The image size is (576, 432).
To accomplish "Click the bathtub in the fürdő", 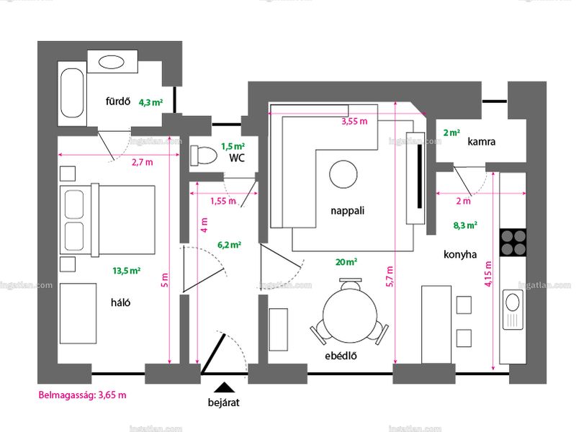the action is tap(72, 94).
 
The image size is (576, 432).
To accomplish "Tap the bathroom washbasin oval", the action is tap(112, 62).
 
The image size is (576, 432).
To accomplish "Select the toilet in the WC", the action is tap(204, 156).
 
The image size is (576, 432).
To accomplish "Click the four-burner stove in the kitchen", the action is tap(513, 243).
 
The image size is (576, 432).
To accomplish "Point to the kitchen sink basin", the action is tap(513, 303).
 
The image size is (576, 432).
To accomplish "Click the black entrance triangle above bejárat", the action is tap(224, 387).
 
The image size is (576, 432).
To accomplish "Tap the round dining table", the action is tap(350, 315).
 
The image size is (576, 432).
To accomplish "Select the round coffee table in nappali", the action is tap(343, 174).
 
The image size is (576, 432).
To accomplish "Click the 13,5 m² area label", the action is tap(127, 271).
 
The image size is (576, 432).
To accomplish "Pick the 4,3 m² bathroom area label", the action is tap(150, 102).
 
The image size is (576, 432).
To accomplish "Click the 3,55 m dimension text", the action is tap(354, 121).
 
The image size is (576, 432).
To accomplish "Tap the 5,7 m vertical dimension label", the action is tap(390, 276).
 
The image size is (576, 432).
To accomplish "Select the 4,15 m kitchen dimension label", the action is tap(488, 274).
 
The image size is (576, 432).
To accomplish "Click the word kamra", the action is tap(481, 141).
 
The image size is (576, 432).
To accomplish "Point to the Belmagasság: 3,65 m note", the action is tap(82, 395).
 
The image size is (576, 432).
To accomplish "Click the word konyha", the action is tap(460, 254).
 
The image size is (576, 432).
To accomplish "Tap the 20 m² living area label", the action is tap(346, 262).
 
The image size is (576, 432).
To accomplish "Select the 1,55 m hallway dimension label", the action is tap(223, 201).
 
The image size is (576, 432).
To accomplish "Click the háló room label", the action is tap(120, 302).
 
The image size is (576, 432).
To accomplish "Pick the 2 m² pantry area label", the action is tap(451, 132).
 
